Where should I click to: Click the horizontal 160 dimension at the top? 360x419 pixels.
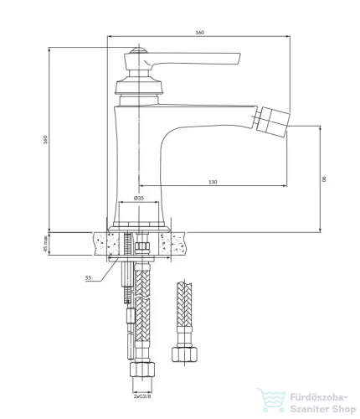point(200,33)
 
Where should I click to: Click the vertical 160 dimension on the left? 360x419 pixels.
point(45,139)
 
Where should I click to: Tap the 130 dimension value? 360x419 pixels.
point(213,182)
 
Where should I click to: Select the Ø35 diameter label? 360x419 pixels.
point(139,198)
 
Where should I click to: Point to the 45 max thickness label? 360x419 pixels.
point(45,244)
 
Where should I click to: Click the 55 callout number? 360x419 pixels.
point(88,277)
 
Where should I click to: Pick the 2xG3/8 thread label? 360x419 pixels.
point(142,396)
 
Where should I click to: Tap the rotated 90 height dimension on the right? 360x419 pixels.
point(324,179)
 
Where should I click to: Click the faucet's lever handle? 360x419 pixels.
point(182,60)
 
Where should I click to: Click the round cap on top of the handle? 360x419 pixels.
point(139,50)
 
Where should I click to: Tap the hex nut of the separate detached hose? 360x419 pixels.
point(184,354)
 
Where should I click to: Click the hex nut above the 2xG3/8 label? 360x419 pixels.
point(142,370)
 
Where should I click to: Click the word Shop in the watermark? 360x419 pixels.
point(342,410)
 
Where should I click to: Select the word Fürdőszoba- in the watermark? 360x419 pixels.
point(319,397)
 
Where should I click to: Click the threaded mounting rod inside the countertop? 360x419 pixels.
point(127,245)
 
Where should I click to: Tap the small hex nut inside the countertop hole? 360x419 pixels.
point(142,247)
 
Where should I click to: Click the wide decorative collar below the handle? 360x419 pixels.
point(139,87)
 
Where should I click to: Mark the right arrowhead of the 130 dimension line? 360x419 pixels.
point(285,185)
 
